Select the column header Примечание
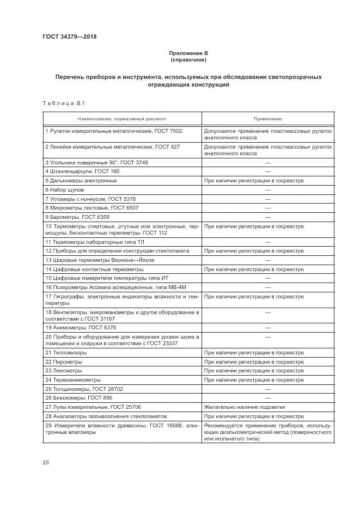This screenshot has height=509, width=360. (267, 119)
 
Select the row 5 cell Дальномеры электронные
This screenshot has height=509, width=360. (81, 180)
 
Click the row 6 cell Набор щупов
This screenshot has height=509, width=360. (65, 189)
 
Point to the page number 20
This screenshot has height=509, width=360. (46, 463)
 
